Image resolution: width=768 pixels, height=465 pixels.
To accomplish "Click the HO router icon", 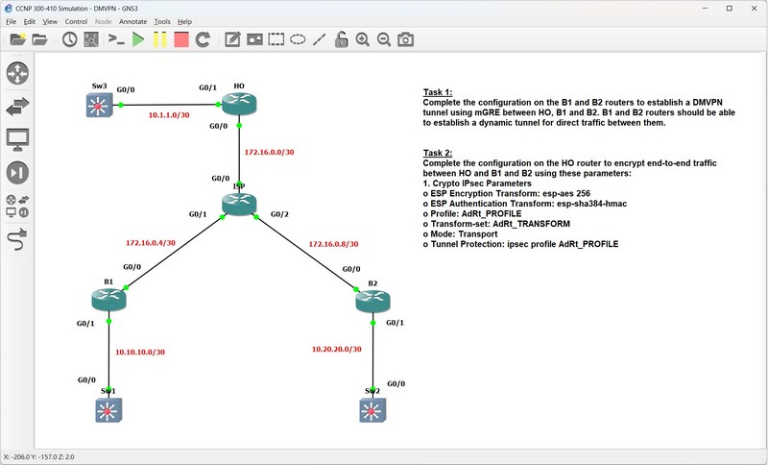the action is click(239, 104).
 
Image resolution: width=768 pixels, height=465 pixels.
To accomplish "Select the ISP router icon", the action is click(239, 204).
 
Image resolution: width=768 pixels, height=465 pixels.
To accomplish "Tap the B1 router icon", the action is click(108, 300).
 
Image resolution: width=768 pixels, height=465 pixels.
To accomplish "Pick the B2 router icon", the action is click(372, 302).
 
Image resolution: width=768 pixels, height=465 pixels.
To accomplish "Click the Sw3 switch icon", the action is click(100, 105).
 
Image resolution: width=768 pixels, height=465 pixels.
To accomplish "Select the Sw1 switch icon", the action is click(108, 410).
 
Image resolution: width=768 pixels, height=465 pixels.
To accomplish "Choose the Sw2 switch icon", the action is click(372, 410).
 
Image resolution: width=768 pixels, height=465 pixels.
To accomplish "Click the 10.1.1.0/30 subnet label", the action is click(169, 115).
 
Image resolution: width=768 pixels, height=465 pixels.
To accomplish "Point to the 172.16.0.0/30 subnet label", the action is click(270, 152).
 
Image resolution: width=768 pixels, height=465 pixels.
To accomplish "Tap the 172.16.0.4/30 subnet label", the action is click(151, 242).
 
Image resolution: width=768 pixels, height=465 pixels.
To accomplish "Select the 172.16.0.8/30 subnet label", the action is click(333, 243).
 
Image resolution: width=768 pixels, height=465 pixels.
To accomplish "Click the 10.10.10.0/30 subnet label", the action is click(140, 352).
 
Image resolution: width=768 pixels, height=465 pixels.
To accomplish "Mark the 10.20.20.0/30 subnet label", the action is click(337, 349).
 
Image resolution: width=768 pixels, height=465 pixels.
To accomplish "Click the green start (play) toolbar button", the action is click(138, 39).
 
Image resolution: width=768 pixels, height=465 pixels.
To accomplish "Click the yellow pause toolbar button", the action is click(159, 39).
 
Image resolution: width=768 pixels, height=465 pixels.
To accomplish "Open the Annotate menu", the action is click(132, 21).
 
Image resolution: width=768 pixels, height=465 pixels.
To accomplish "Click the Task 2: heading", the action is click(438, 153).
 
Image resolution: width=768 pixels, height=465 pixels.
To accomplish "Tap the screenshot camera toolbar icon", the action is click(405, 39).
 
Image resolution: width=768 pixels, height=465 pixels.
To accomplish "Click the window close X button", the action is click(754, 9).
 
